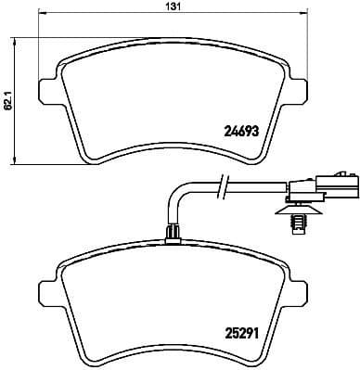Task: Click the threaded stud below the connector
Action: pyautogui.click(x=300, y=221)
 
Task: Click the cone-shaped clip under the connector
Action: pyautogui.click(x=299, y=209)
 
